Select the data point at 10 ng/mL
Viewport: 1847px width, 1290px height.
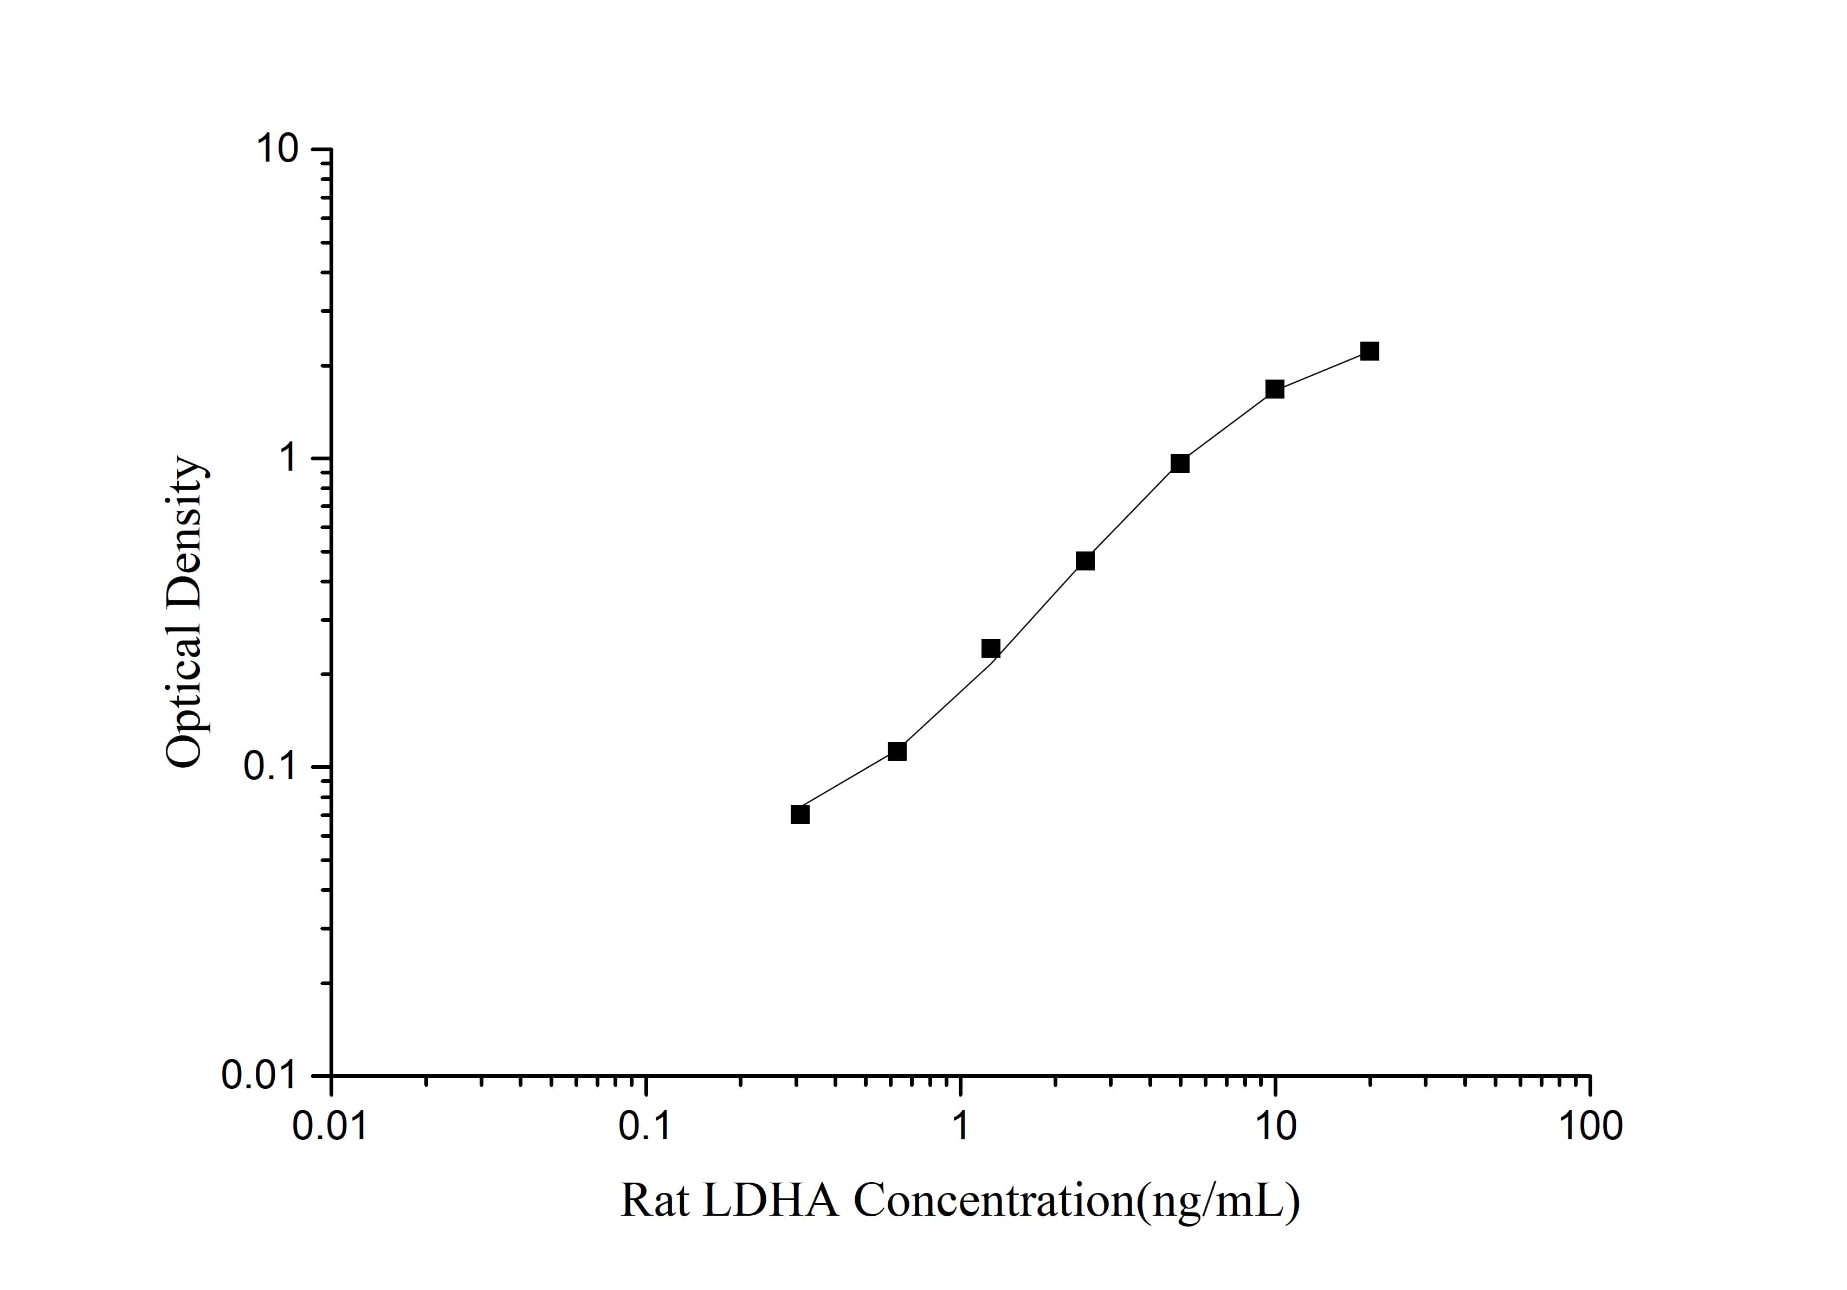1274,389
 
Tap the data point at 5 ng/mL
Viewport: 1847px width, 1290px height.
1179,464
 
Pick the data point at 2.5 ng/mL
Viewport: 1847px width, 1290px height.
1084,561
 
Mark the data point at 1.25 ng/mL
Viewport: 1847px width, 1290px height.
990,649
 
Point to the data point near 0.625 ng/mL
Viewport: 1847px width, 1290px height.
896,751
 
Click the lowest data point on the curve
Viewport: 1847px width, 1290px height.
799,814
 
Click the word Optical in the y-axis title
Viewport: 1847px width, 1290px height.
184,694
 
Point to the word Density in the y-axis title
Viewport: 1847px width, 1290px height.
184,530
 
